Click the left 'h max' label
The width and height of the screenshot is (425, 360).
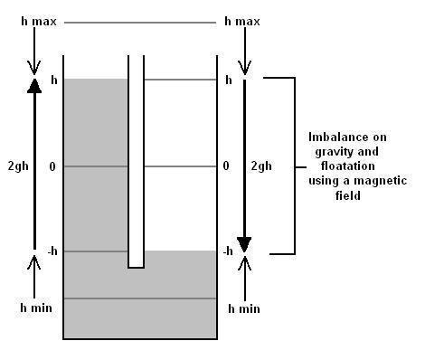(39, 22)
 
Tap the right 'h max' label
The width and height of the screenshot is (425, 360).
(242, 22)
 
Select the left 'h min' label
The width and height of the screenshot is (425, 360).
(36, 308)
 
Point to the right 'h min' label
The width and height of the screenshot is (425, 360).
(244, 308)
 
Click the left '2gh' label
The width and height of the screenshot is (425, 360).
(18, 166)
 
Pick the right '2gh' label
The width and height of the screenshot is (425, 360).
(261, 166)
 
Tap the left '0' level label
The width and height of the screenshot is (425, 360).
(52, 166)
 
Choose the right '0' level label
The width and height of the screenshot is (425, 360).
(226, 166)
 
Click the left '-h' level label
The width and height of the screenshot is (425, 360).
(52, 251)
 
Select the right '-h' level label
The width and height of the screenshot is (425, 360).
(228, 251)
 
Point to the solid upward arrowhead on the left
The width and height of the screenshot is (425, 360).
(34, 86)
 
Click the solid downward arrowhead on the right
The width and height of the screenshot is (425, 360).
(244, 244)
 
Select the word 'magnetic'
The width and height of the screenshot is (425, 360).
(381, 181)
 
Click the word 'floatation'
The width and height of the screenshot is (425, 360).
(348, 166)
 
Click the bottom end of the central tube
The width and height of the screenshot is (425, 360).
(136, 267)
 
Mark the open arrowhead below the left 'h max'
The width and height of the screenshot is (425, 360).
(34, 68)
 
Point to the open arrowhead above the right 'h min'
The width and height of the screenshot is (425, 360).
(245, 263)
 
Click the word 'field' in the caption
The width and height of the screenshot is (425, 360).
(348, 195)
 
